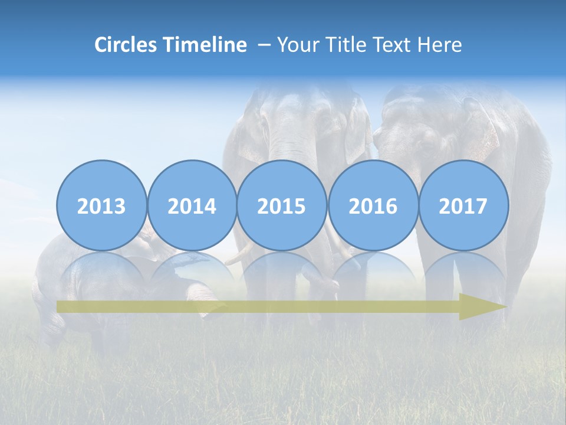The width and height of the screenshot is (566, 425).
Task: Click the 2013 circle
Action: pos(101,205)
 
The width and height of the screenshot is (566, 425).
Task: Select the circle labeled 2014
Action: pos(192,205)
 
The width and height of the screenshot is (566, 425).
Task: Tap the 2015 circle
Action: pos(282,205)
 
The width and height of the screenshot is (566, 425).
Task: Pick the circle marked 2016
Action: pos(373,205)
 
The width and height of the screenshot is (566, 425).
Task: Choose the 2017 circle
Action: pos(463,205)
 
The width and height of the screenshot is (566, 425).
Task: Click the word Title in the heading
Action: pos(350,45)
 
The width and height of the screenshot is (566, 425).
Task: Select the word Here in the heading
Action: pos(439,45)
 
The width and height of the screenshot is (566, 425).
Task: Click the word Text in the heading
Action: pos(395,45)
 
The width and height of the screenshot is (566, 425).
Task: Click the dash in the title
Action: pos(264,45)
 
